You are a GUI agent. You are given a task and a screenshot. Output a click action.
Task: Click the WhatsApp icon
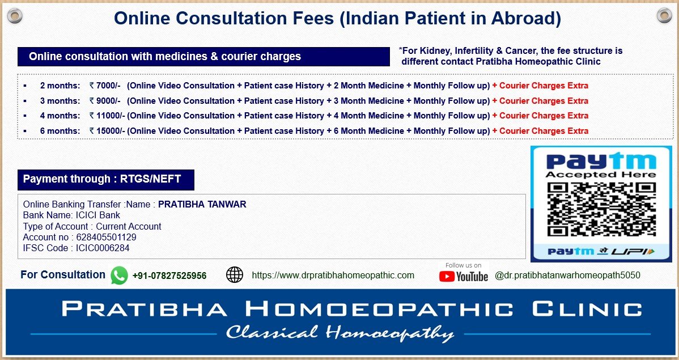[x=119, y=275]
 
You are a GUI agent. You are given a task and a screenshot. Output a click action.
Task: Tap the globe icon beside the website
[x=235, y=274]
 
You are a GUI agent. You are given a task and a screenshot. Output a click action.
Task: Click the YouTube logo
[x=464, y=277]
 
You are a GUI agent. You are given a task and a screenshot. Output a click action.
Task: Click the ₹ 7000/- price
[x=105, y=86]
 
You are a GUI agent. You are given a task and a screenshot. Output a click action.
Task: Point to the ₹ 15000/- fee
[x=107, y=131]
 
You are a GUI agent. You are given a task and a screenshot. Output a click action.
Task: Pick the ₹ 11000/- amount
[x=107, y=116]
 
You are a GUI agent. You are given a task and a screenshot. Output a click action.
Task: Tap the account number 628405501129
[x=106, y=238]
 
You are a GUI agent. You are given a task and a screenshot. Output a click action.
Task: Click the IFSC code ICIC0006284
[x=103, y=248]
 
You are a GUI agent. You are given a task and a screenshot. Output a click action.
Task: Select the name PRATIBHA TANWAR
[x=202, y=205]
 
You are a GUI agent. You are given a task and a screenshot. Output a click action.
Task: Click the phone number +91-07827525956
[x=169, y=276]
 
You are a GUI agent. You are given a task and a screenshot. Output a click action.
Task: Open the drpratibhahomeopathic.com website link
[x=333, y=275]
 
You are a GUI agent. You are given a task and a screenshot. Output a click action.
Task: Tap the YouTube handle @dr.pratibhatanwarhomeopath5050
[x=567, y=275]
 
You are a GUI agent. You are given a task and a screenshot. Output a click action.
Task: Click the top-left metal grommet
[x=15, y=16]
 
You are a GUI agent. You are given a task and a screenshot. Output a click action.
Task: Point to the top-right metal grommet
[x=664, y=16]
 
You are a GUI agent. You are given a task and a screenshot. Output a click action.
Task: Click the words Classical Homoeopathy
[x=340, y=333]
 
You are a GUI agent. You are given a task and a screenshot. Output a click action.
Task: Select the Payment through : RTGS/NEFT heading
[x=102, y=179]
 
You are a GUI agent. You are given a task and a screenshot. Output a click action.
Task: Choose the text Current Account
[x=129, y=227]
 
